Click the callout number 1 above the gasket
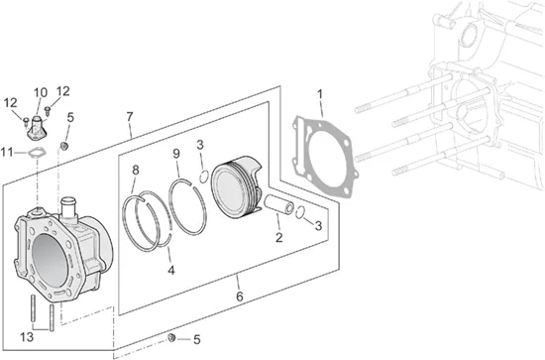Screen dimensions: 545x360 tap(320, 94)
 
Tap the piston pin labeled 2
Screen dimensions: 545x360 tap(279, 204)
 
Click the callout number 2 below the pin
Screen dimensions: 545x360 tap(279, 238)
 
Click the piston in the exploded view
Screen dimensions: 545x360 tap(237, 186)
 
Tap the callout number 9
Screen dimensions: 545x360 tap(176, 154)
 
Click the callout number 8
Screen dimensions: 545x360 tap(136, 171)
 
